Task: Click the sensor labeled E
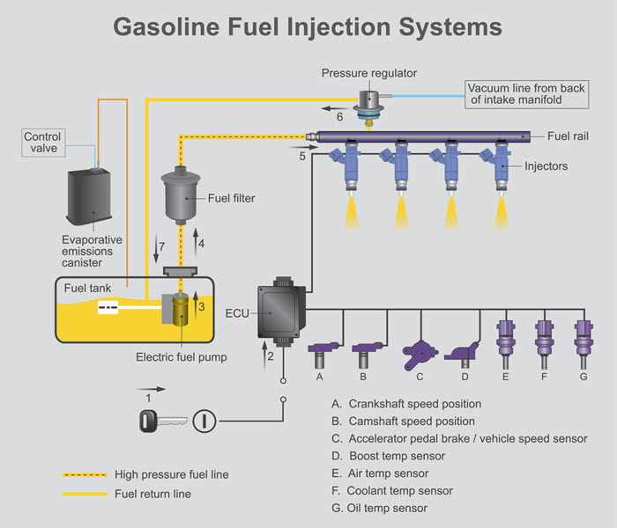coord(505,341)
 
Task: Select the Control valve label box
coord(41,143)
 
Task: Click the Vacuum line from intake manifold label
coord(525,94)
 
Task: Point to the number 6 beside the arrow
coord(338,116)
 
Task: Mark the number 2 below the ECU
coord(271,356)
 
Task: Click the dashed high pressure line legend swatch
coord(85,474)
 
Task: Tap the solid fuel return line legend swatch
coord(85,494)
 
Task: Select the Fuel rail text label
coord(568,136)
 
